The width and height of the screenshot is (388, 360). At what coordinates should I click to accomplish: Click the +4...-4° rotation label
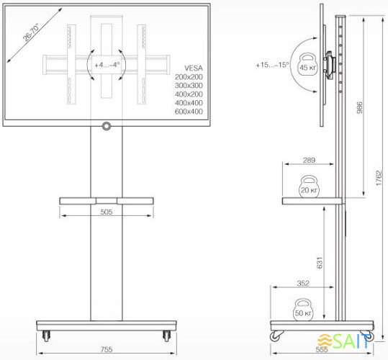(x=107, y=65)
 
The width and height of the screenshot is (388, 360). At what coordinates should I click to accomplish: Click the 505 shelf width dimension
(x=106, y=212)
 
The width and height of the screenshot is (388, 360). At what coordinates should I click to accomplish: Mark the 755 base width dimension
(x=106, y=350)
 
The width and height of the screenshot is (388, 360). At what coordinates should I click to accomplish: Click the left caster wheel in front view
(x=47, y=334)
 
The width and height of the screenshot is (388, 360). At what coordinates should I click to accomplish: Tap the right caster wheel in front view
(x=166, y=334)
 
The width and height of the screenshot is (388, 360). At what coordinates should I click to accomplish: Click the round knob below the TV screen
(x=107, y=127)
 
